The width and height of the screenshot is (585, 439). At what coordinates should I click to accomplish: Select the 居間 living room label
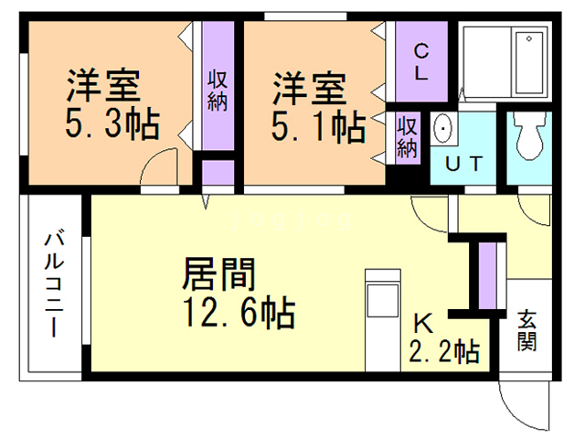pos(218,273)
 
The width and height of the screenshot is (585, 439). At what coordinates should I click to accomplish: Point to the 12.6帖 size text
pos(239,314)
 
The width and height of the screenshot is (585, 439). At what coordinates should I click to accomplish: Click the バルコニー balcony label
pos(55,284)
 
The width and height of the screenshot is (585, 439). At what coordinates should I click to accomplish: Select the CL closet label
pos(420,63)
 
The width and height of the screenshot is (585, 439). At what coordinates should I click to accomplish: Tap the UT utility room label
pos(463,164)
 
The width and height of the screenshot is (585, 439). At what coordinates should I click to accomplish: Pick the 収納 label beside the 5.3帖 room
pos(218,89)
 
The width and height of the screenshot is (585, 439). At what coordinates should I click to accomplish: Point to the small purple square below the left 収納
pos(218,175)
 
